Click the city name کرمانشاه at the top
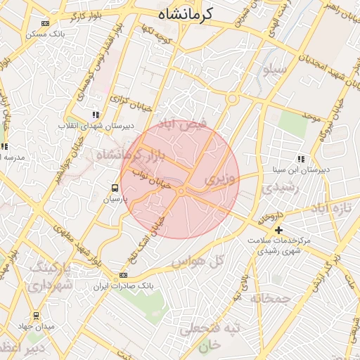click(x=179, y=13)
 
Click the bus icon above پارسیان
click(x=114, y=188)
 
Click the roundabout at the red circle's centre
click(x=181, y=191)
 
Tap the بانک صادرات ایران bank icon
click(x=124, y=275)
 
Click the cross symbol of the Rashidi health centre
click(x=279, y=230)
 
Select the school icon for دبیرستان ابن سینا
click(x=302, y=159)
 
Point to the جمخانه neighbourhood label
click(x=271, y=298)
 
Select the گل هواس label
click(x=197, y=262)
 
